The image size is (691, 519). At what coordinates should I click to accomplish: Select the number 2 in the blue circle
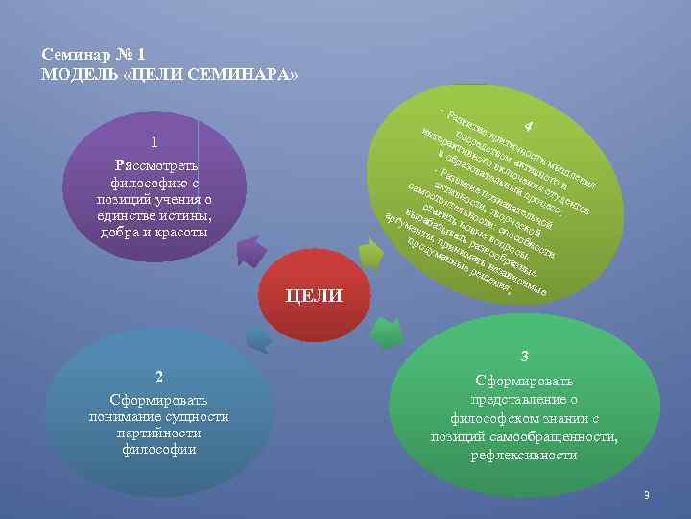[159, 375]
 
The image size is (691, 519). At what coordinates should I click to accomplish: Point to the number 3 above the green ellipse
[524, 356]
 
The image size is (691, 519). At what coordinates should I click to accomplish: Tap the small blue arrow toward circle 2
[257, 337]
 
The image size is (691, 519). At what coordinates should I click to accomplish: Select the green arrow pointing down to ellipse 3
[386, 333]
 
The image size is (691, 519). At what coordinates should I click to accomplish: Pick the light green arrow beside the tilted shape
[393, 253]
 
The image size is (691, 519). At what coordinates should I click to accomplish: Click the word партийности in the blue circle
[159, 432]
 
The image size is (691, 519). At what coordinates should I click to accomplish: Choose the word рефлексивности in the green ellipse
[524, 455]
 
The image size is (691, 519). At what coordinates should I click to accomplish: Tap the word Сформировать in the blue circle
[159, 398]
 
